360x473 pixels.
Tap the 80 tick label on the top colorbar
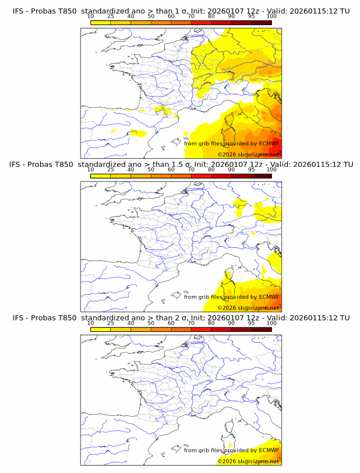point(211,16)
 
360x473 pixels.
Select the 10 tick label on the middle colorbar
point(90,170)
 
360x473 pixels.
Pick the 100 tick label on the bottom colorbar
point(271,323)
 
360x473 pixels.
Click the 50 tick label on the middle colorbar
point(151,170)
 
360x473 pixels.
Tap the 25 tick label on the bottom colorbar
point(110,323)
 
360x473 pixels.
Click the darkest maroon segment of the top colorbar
point(262,22)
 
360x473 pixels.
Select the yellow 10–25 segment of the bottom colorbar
point(101,330)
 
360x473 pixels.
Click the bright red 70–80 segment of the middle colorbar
point(201,176)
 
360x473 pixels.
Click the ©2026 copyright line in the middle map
point(248,307)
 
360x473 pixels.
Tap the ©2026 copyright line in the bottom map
point(248,461)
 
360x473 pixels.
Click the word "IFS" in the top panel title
point(19,11)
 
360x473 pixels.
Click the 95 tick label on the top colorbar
point(251,16)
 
